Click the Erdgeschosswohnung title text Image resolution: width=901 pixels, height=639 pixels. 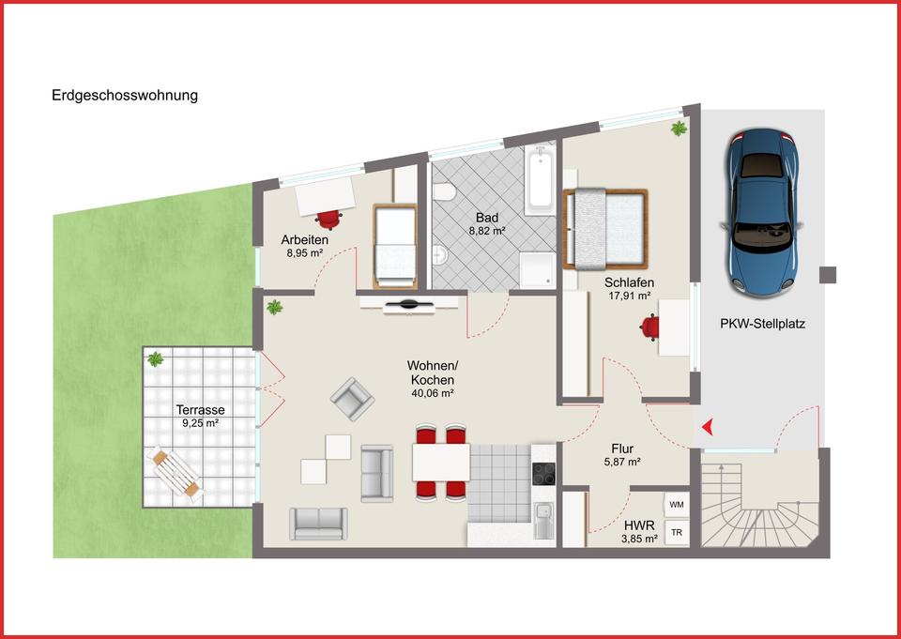pos(125,96)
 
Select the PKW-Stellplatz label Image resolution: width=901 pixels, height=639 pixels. pos(763,325)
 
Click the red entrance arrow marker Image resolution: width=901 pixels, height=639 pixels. pos(708,428)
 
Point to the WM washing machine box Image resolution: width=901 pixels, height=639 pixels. pos(676,505)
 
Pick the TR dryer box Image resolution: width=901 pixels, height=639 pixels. pos(676,533)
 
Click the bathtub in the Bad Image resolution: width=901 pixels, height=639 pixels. pos(541,180)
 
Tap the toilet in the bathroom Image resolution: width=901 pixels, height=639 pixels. pos(445,193)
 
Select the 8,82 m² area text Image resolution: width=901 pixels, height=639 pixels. pos(487,229)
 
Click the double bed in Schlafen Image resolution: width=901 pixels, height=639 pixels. pos(605,229)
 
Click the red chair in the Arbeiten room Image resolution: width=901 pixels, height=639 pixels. pos(328,219)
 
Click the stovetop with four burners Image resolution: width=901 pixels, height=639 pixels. pos(544,474)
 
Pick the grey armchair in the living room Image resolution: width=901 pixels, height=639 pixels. pos(351,399)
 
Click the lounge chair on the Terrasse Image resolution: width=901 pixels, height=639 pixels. pos(176,471)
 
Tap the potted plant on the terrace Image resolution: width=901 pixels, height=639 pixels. pos(155,358)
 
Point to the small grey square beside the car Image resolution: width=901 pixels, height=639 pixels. pos(827,274)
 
